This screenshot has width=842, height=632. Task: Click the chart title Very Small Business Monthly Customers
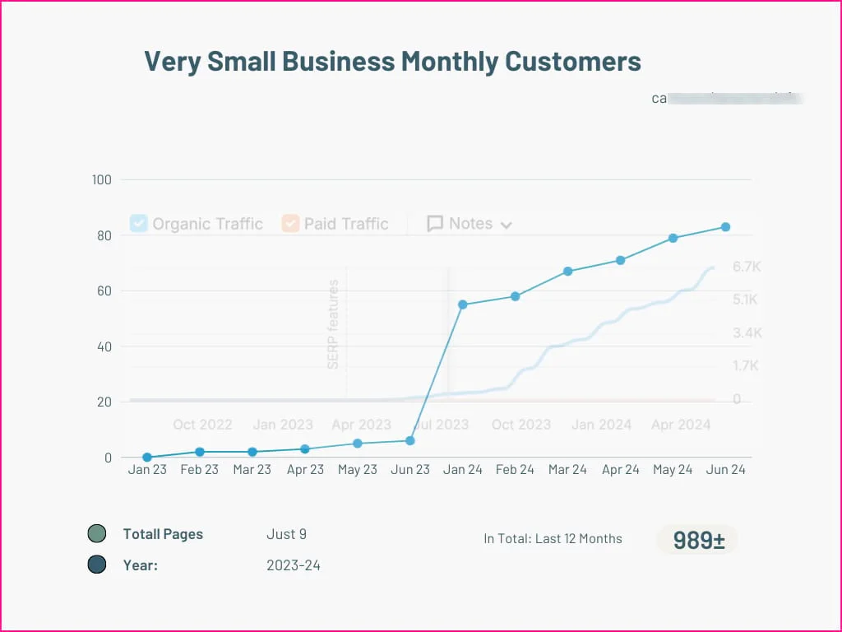click(392, 61)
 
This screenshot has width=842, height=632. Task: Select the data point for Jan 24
click(463, 304)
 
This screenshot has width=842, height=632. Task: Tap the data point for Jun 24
click(726, 227)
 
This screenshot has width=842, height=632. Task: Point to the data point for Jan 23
click(147, 458)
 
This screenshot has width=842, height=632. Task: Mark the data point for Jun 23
click(410, 441)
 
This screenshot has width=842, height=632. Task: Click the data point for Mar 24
click(568, 272)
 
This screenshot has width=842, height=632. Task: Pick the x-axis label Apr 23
click(305, 470)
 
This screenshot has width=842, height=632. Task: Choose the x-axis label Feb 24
click(515, 470)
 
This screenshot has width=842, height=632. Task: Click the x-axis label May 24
click(673, 470)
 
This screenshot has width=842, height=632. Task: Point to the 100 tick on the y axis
click(103, 179)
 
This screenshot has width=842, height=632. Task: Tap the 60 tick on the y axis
click(104, 290)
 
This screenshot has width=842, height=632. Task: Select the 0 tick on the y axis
click(108, 458)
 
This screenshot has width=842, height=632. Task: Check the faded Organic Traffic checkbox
click(139, 223)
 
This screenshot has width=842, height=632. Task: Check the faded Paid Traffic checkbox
click(290, 223)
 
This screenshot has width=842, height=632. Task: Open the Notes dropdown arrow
click(507, 225)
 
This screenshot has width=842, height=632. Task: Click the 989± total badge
click(698, 540)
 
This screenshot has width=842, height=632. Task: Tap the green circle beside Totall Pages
click(97, 534)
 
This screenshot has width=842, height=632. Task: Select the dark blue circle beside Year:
click(97, 565)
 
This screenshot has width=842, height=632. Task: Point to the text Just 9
click(286, 534)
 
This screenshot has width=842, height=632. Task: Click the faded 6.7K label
click(747, 267)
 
